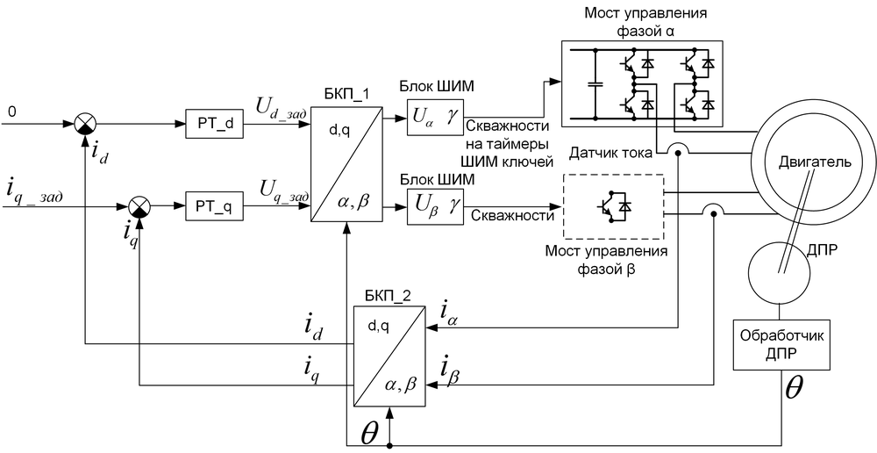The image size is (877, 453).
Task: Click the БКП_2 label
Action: tap(387, 296)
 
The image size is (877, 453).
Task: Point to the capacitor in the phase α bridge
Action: tap(595, 85)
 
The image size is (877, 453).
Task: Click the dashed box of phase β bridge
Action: tap(613, 205)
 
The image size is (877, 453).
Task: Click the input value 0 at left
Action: tap(11, 111)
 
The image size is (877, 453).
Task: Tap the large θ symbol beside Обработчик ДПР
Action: tap(793, 389)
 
